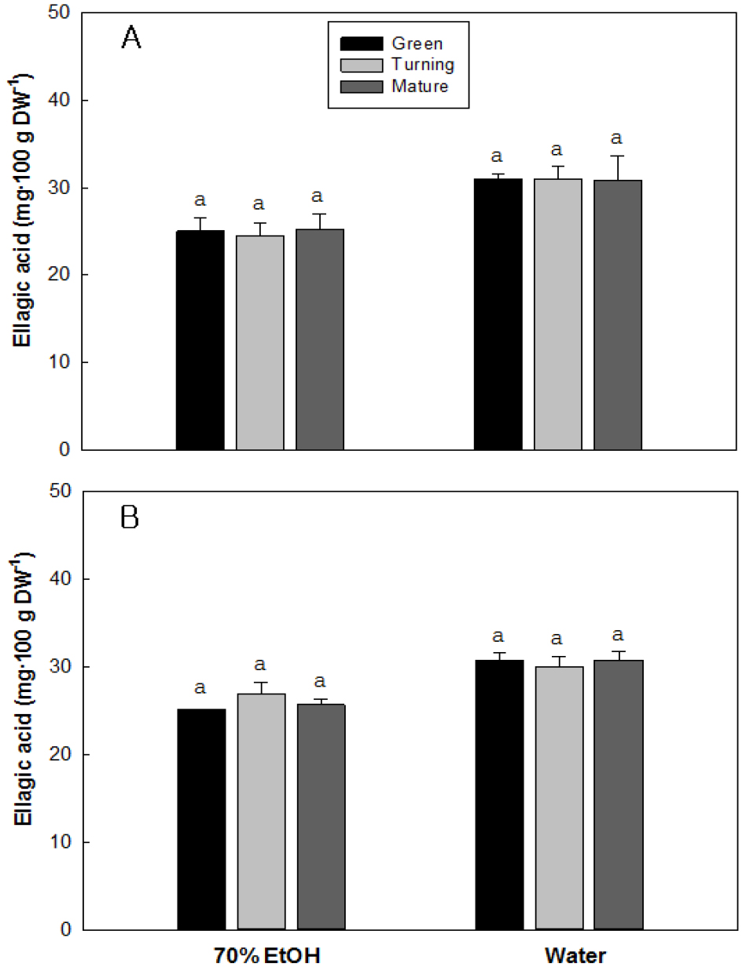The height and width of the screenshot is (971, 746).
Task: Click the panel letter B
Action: (130, 518)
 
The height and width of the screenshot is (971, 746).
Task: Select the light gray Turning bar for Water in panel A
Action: (558, 314)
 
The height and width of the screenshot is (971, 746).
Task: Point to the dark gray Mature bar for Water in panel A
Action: (618, 314)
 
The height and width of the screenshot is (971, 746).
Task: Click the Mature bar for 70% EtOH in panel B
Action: (321, 817)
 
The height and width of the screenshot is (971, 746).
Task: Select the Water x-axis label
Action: (576, 955)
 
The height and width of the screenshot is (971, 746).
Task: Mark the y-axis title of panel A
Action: (24, 232)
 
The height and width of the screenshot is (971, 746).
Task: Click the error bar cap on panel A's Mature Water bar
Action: (618, 156)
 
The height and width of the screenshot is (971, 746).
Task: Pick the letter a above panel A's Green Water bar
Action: (498, 155)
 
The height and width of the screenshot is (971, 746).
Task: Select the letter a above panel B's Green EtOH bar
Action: (200, 688)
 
